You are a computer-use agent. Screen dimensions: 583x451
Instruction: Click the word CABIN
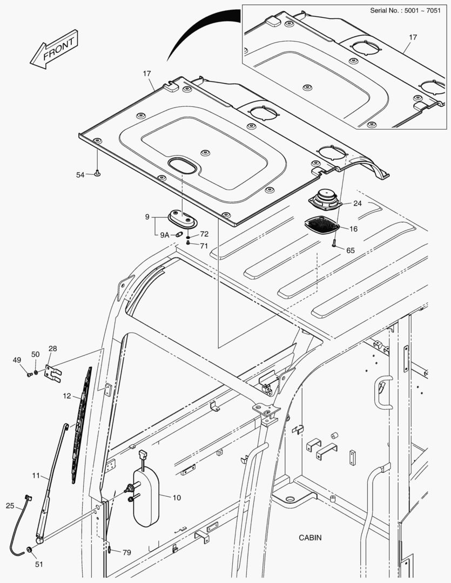pyautogui.click(x=310, y=538)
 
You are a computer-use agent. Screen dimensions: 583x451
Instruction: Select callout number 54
pyautogui.click(x=80, y=174)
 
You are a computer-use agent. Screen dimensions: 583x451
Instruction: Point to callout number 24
pyautogui.click(x=358, y=204)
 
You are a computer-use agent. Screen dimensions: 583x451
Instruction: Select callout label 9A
pyautogui.click(x=164, y=235)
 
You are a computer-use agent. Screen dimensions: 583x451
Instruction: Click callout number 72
pyautogui.click(x=204, y=234)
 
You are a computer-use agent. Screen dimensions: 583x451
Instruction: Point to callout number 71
pyautogui.click(x=204, y=246)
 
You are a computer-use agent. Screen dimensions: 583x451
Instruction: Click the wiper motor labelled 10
pyautogui.click(x=146, y=497)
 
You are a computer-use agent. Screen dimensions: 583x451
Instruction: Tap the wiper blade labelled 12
pyautogui.click(x=82, y=421)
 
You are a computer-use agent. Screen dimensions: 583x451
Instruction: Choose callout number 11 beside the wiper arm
pyautogui.click(x=36, y=476)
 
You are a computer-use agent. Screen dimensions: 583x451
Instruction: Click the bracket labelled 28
pyautogui.click(x=52, y=372)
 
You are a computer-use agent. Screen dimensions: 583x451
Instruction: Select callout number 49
pyautogui.click(x=17, y=360)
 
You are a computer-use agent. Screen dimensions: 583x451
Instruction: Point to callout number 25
pyautogui.click(x=10, y=505)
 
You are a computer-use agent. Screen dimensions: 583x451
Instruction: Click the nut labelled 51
pyautogui.click(x=30, y=550)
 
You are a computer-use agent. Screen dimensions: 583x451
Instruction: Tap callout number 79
pyautogui.click(x=126, y=552)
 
